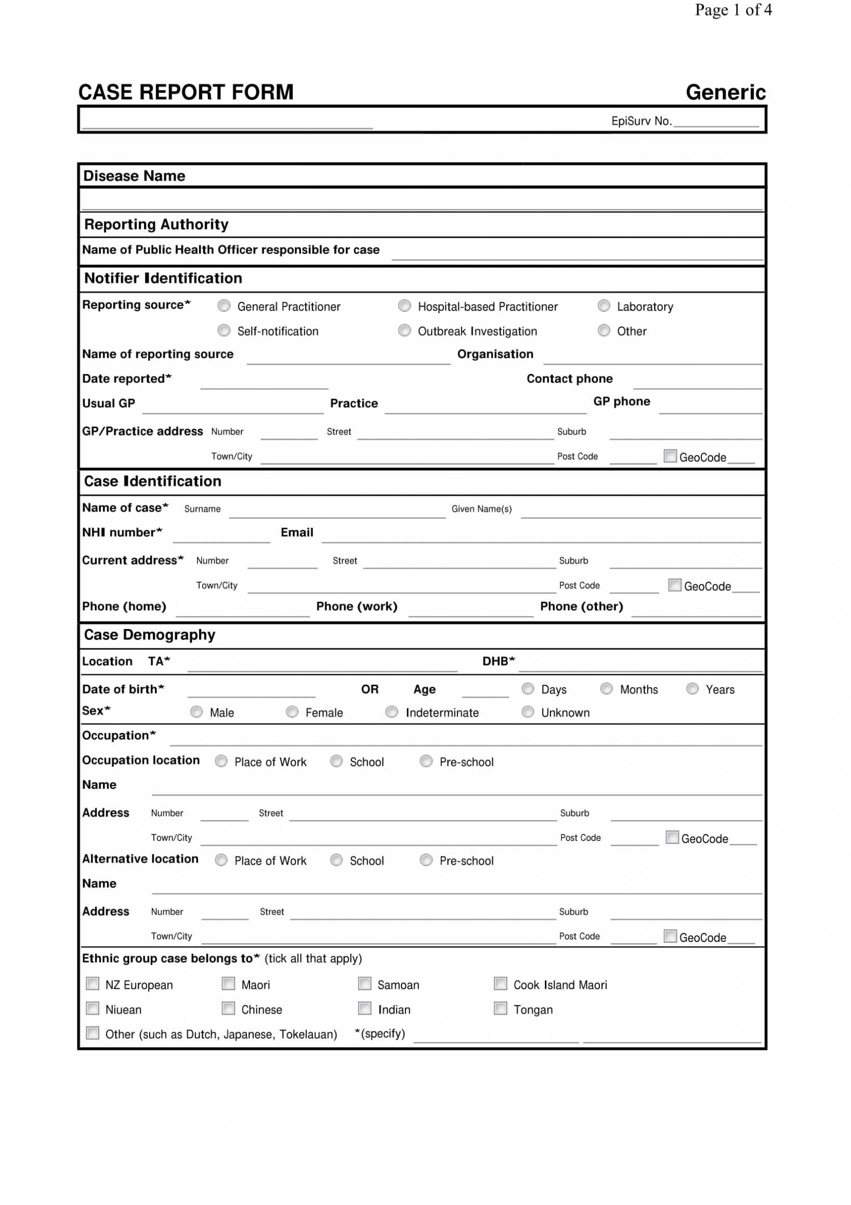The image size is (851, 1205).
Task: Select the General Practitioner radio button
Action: pos(224,305)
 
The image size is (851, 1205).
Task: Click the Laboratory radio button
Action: pos(604,305)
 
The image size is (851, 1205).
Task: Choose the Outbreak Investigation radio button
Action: pos(404,330)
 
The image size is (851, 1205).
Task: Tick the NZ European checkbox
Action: pos(93,983)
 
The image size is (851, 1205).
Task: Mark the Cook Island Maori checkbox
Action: pos(501,983)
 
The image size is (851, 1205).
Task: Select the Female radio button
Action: pos(292,712)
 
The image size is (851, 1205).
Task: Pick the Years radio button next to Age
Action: pos(692,688)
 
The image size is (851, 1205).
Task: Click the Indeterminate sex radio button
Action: pos(391,712)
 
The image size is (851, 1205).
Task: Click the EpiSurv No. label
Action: pos(641,121)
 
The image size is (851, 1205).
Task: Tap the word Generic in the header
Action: pos(725,93)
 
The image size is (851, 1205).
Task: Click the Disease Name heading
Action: pos(134,176)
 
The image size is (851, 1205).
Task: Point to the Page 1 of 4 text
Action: pos(733,9)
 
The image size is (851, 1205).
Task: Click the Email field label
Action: pos(297,532)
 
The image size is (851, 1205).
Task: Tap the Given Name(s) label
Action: pos(481,508)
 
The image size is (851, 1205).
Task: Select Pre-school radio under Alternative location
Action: pos(426,860)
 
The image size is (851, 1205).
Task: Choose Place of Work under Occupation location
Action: pos(221,761)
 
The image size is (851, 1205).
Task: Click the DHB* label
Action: pos(498,661)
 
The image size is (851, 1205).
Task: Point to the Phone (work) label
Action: pos(357,606)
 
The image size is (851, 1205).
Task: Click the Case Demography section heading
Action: pos(149,635)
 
